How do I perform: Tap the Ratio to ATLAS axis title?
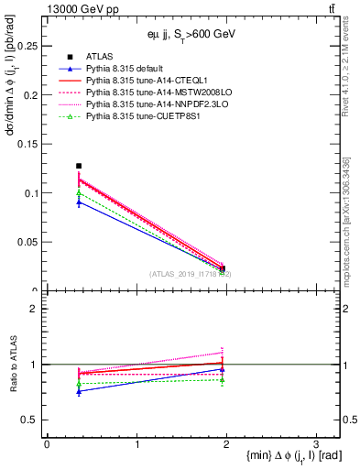tap(12, 365)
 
